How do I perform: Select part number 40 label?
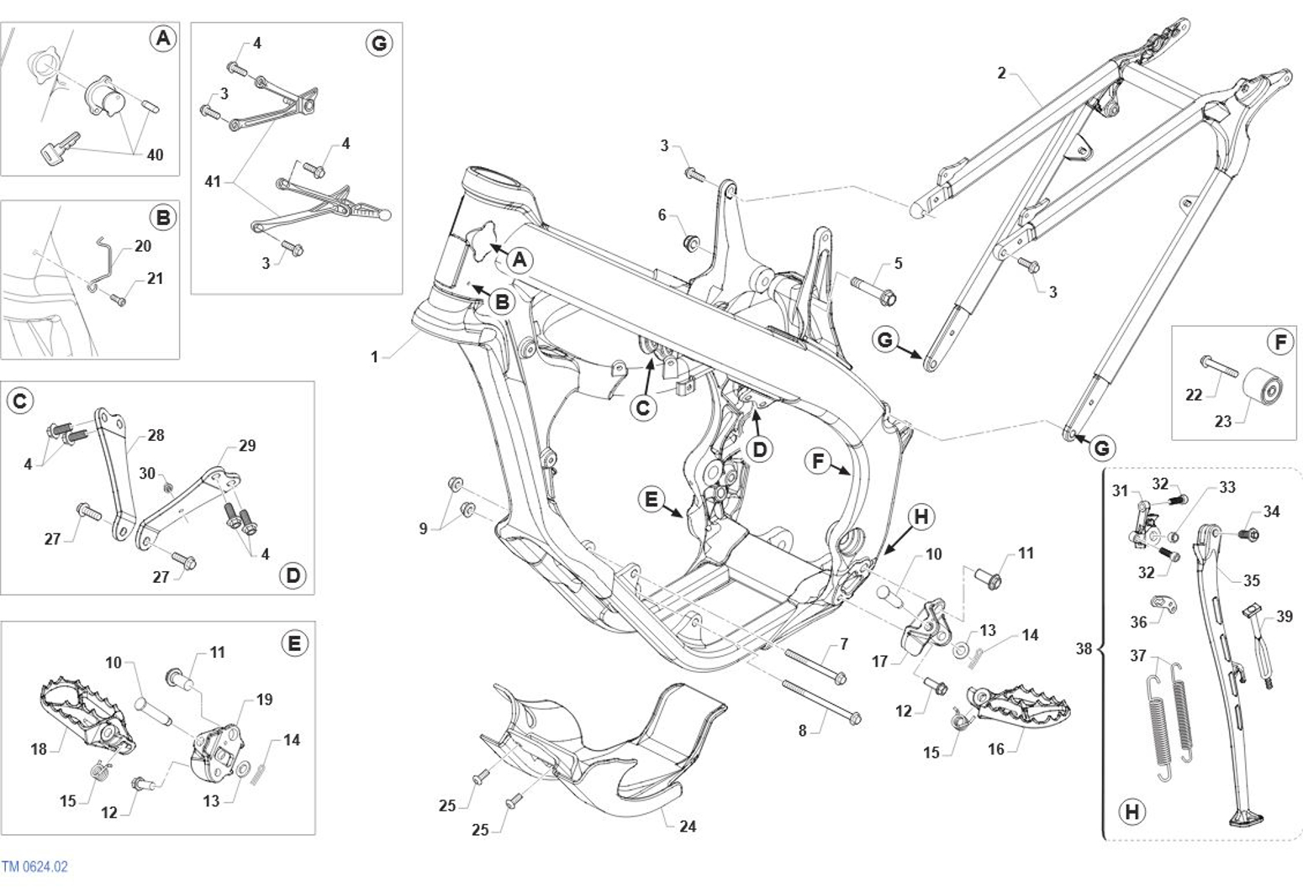(155, 155)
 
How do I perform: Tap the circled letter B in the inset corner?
(162, 218)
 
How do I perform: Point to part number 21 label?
(155, 278)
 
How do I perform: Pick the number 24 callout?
(688, 826)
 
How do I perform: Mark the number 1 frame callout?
(375, 357)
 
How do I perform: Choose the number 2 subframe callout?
(1001, 73)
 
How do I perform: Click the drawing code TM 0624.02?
(34, 867)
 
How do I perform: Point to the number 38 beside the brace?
(1084, 648)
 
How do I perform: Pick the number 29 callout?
(246, 445)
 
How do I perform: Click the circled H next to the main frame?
(921, 517)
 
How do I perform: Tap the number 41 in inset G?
(213, 181)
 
